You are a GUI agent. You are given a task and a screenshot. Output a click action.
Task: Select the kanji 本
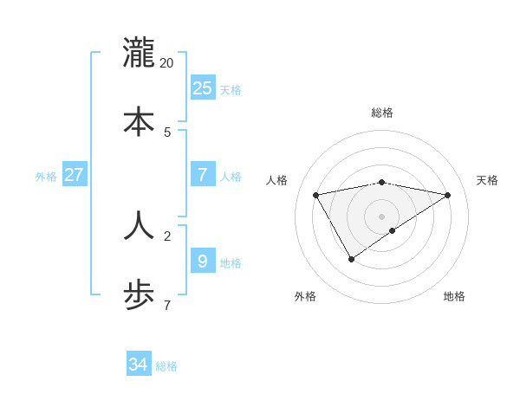point(139,121)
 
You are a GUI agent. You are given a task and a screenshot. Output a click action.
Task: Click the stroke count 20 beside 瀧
point(166,63)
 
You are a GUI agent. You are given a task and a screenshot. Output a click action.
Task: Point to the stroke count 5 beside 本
point(167,132)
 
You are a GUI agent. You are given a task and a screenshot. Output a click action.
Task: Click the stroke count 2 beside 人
point(167,235)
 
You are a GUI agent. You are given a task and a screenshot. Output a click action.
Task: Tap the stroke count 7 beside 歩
point(167,305)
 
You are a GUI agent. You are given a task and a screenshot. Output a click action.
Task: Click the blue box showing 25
point(202,87)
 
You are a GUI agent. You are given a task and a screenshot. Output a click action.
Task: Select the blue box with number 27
point(74,175)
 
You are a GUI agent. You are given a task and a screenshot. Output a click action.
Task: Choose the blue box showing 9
point(202,261)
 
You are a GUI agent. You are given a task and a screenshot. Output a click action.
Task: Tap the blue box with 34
point(138,365)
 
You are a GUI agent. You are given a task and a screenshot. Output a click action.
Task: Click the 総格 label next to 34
point(166,366)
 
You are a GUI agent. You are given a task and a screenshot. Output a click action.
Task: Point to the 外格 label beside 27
point(46,177)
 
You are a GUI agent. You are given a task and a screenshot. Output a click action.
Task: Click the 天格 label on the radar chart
point(487,180)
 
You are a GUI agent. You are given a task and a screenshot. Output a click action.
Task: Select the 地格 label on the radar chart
point(454,296)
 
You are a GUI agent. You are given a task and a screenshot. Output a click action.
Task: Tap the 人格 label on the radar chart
point(276,180)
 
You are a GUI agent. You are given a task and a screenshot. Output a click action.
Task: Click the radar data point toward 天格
point(447,195)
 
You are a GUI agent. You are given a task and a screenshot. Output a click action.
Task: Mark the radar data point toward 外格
point(351,259)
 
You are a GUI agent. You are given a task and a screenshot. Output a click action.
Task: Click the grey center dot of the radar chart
point(381,216)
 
